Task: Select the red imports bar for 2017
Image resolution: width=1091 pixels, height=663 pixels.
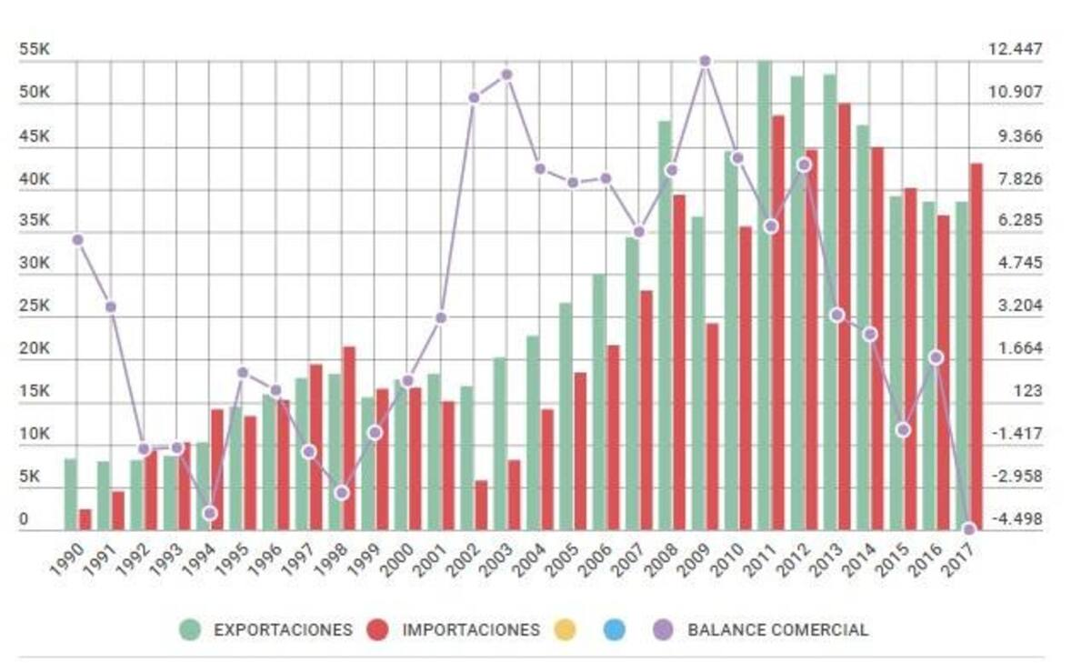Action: click(976, 346)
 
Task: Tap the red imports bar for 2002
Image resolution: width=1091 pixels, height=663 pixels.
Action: click(481, 505)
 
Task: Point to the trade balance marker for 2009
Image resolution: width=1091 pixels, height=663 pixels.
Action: click(705, 61)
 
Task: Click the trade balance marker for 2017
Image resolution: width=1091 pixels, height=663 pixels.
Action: click(969, 529)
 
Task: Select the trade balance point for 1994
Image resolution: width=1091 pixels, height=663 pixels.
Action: click(210, 513)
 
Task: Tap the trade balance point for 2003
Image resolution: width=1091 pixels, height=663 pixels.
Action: click(507, 75)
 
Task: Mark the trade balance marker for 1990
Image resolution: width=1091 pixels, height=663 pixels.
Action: click(78, 239)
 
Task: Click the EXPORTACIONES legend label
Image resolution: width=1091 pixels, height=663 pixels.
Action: click(282, 629)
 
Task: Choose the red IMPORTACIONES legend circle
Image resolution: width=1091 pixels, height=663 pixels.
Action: click(377, 629)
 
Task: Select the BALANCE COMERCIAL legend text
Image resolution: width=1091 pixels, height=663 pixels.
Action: click(777, 629)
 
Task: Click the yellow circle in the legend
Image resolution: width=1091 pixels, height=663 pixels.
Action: click(565, 629)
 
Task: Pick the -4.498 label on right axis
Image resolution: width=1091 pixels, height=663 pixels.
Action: click(1016, 519)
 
